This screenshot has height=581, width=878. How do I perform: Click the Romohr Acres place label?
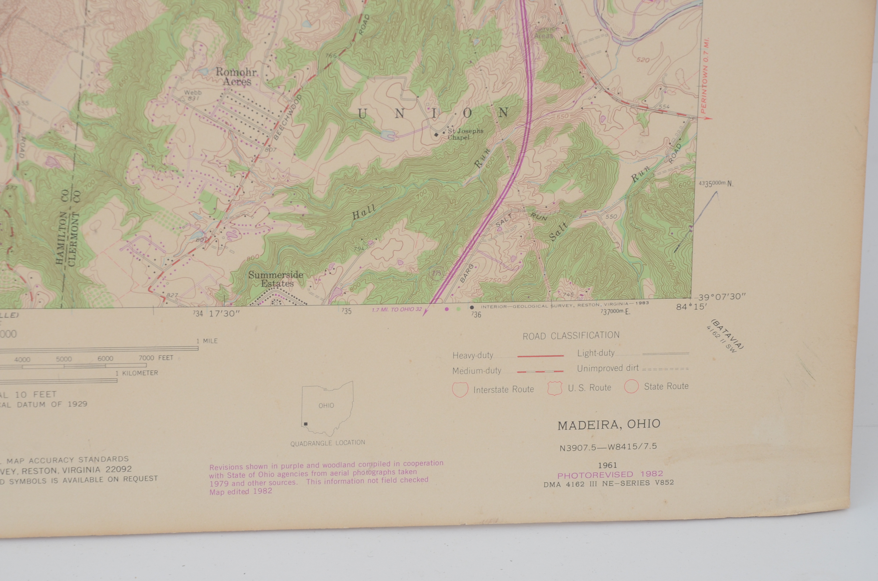(236, 77)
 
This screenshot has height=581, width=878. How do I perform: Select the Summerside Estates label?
(276, 279)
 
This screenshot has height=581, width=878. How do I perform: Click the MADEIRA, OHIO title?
(609, 425)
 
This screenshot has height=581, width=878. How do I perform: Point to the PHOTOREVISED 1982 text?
(610, 475)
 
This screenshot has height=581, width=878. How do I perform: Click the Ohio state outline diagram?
(327, 408)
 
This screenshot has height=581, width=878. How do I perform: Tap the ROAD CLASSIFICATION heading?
(570, 336)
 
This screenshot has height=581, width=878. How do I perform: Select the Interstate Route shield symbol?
(460, 389)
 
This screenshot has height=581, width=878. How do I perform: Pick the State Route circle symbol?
(631, 386)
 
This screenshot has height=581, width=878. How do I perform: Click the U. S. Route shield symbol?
(554, 388)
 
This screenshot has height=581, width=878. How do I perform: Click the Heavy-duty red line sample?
(540, 356)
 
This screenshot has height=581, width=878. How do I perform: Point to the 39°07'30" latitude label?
(722, 297)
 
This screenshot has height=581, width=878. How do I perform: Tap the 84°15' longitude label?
(691, 307)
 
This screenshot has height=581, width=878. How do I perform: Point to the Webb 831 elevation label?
(193, 95)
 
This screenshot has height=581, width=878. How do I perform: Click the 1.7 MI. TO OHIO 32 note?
(396, 309)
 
